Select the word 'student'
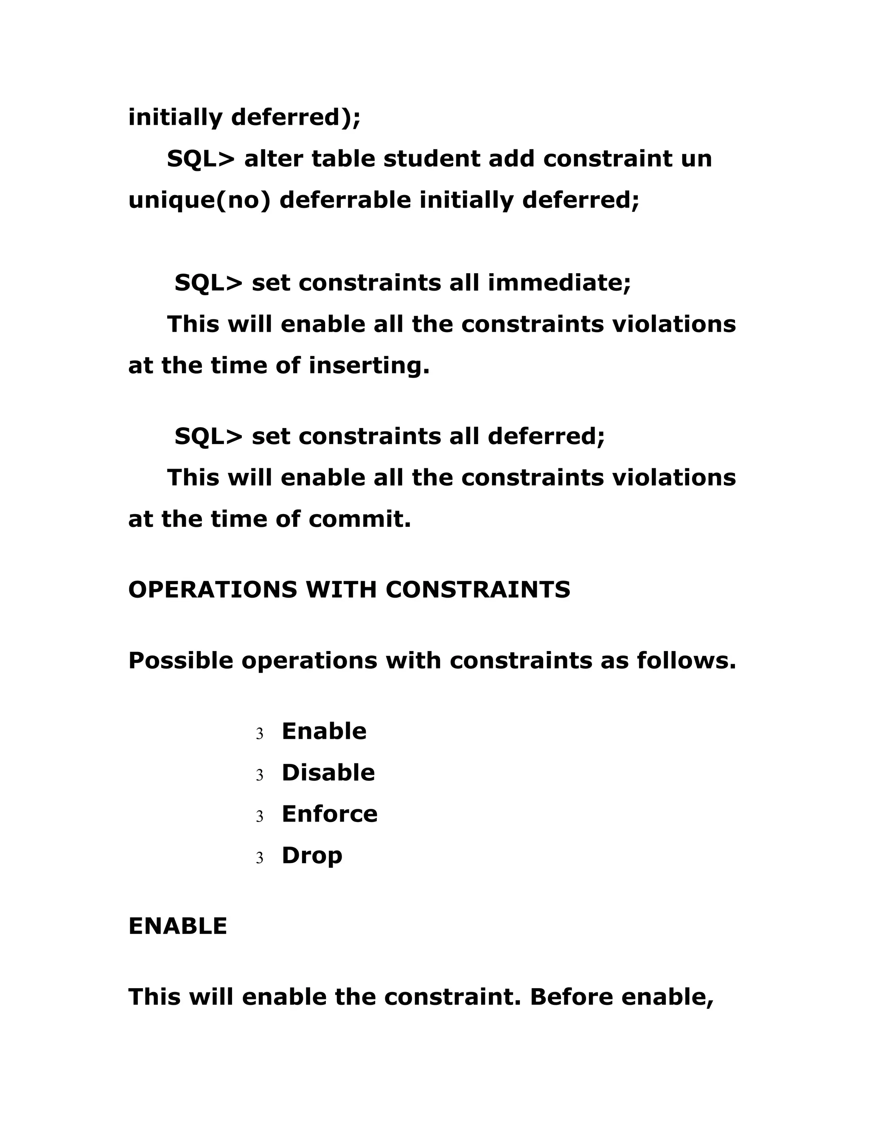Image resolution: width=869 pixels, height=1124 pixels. pyautogui.click(x=432, y=159)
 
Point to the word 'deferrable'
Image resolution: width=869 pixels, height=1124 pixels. pyautogui.click(x=345, y=200)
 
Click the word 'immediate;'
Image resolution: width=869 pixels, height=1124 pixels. pyautogui.click(x=559, y=282)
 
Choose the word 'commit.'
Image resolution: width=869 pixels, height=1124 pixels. pyautogui.click(x=360, y=519)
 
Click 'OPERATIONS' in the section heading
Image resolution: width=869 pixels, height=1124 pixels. pyautogui.click(x=213, y=590)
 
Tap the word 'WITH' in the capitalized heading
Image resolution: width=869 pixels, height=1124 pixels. pyautogui.click(x=341, y=590)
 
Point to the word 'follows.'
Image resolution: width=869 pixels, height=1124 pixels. pyautogui.click(x=686, y=660)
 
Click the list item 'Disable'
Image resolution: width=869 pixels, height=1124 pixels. pyautogui.click(x=328, y=773)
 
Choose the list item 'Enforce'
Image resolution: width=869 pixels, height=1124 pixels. pyautogui.click(x=329, y=814)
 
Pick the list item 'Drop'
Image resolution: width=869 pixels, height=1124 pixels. pyautogui.click(x=312, y=856)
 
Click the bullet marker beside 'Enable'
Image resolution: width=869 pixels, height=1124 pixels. pyautogui.click(x=259, y=734)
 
